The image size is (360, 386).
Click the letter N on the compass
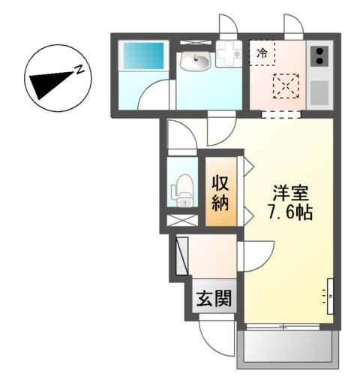77,71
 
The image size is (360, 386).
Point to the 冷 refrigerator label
262,53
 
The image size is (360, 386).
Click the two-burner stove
319,58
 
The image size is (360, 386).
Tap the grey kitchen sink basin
319,92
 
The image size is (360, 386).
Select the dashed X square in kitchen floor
283,86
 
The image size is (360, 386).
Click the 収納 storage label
220,192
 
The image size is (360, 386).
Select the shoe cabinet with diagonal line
181,256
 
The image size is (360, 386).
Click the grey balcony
286,348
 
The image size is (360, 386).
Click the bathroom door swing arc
159,95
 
